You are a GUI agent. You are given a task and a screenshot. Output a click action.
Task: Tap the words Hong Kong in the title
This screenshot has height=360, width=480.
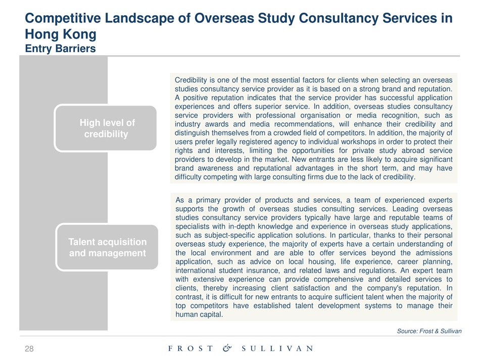point(60,34)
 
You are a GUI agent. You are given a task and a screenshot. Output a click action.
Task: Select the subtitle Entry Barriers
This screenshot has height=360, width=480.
point(60,49)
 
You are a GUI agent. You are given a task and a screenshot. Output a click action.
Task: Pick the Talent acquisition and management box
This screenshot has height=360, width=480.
point(108,247)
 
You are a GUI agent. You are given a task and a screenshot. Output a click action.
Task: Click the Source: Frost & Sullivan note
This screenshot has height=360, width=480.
point(429,331)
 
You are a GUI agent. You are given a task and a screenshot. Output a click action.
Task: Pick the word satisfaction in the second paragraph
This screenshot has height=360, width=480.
point(318,288)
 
